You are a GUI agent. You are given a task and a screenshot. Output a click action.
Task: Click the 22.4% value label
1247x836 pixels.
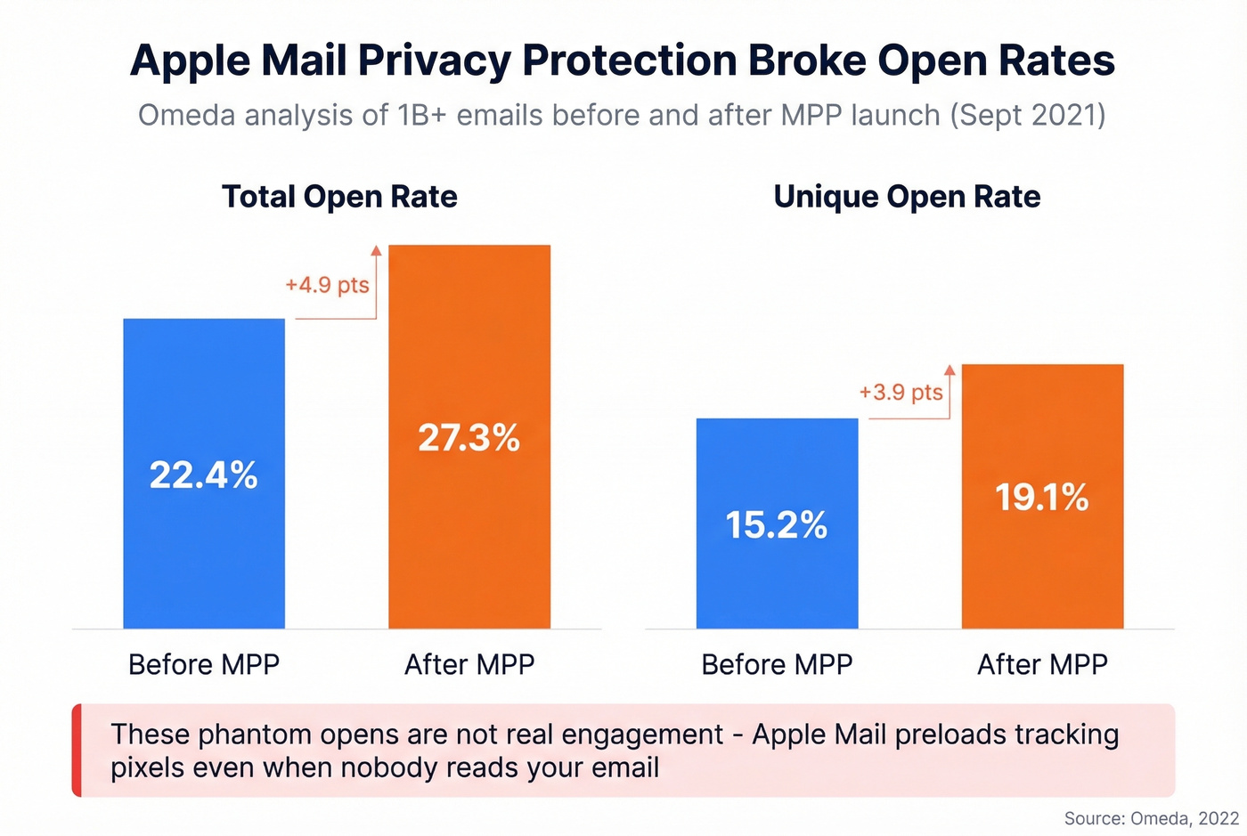tap(203, 475)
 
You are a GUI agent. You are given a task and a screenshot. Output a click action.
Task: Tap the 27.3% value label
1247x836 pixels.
tap(469, 437)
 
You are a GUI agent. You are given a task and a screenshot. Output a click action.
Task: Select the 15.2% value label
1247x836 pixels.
tap(776, 524)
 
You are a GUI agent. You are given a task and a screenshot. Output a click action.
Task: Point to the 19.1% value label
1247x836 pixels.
tap(1041, 497)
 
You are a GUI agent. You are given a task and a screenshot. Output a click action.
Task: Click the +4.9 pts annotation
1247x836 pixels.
tap(327, 285)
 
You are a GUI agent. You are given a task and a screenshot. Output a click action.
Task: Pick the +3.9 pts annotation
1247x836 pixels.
tap(901, 392)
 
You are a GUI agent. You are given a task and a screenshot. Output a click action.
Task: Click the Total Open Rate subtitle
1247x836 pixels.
tap(339, 196)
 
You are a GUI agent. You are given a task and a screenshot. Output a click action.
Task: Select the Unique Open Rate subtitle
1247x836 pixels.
tap(907, 196)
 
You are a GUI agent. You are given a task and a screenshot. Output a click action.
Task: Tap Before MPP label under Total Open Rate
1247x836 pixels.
tap(204, 664)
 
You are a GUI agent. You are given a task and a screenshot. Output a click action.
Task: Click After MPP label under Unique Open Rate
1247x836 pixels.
tap(1042, 664)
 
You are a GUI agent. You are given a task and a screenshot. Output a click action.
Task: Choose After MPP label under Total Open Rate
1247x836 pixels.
tap(469, 664)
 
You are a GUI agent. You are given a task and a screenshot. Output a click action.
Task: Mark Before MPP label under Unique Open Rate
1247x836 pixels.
tap(777, 664)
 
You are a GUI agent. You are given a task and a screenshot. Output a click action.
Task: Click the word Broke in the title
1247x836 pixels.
tap(806, 61)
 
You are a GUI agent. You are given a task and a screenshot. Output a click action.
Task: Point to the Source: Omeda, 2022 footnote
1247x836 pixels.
tap(1151, 818)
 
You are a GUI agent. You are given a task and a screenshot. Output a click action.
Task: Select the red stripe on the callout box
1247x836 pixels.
tap(77, 750)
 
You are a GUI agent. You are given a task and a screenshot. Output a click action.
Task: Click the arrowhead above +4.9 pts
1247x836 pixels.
tap(376, 251)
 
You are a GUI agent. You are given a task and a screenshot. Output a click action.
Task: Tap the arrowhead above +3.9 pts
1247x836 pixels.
tap(950, 369)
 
